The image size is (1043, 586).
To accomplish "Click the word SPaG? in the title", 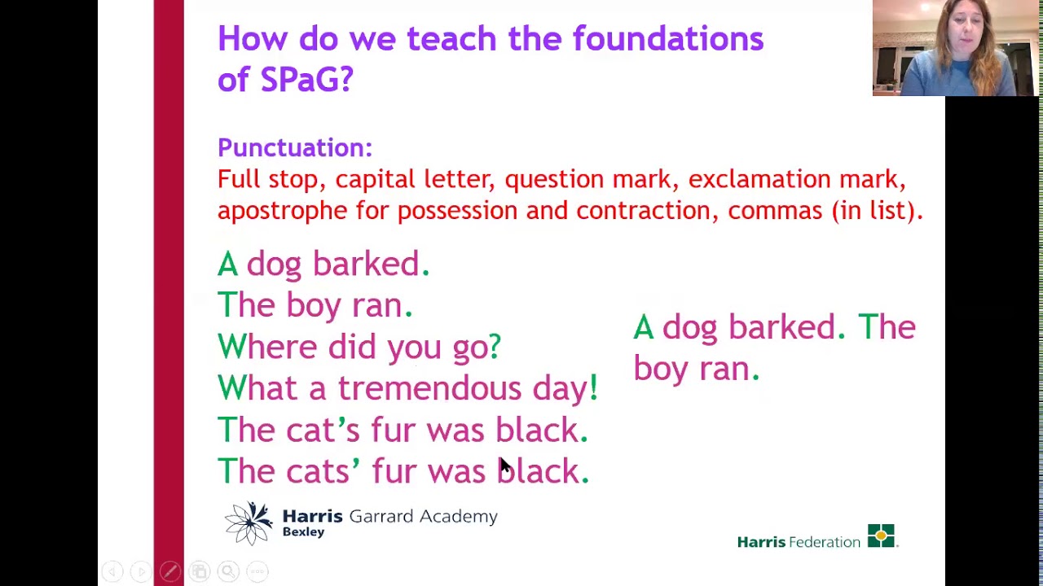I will pos(306,80).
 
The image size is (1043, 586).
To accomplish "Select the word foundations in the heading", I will pos(667,39).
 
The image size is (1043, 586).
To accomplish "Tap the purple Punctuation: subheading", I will pos(294,148).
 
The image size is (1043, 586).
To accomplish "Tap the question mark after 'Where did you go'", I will pos(494,347).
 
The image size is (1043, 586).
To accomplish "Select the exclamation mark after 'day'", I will pos(593,388).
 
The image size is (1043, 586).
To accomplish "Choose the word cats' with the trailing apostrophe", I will pos(323,471).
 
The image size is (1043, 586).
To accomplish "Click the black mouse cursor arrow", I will pos(504,466).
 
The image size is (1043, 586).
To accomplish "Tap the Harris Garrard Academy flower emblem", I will pos(249,523).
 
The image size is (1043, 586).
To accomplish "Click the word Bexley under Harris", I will pos(303,532).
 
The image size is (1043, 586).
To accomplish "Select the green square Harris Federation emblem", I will pos(881,536).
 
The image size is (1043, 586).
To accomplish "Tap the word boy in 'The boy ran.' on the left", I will pos(314,306).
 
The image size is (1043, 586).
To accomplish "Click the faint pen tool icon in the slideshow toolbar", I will pos(169,572).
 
